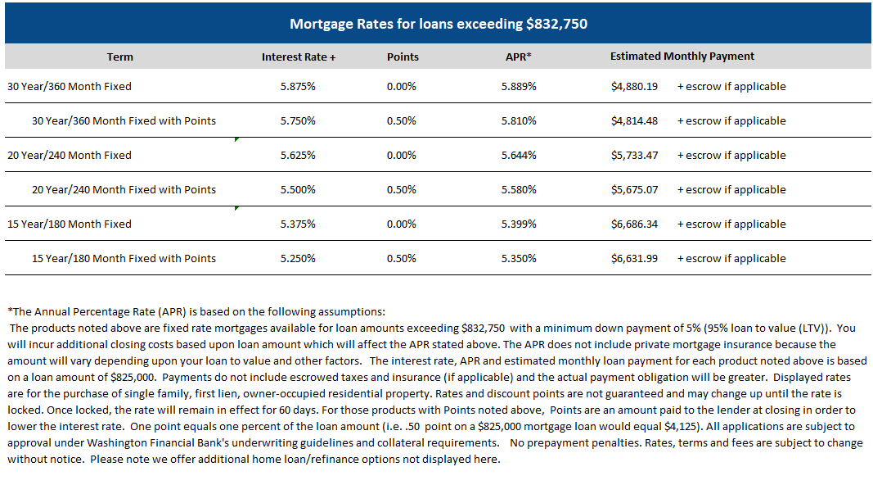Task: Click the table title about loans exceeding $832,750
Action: tap(438, 24)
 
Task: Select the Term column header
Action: tap(119, 57)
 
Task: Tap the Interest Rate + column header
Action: tap(299, 57)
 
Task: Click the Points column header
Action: tap(403, 57)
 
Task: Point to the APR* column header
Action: tap(520, 57)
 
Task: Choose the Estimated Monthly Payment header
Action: tap(682, 57)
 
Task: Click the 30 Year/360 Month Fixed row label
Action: tap(70, 86)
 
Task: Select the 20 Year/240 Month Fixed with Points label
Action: tap(124, 189)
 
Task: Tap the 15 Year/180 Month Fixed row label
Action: tap(70, 224)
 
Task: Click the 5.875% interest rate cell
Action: tap(298, 86)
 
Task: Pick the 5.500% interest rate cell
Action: tap(298, 189)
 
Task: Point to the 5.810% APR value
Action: tap(520, 120)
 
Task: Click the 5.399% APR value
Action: tap(520, 224)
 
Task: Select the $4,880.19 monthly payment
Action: tap(634, 86)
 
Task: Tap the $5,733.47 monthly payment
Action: tap(634, 155)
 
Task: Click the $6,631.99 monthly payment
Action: tap(634, 258)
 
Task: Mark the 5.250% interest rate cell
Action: tap(298, 258)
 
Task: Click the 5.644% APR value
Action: tap(520, 155)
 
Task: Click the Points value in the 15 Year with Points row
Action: tap(402, 258)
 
